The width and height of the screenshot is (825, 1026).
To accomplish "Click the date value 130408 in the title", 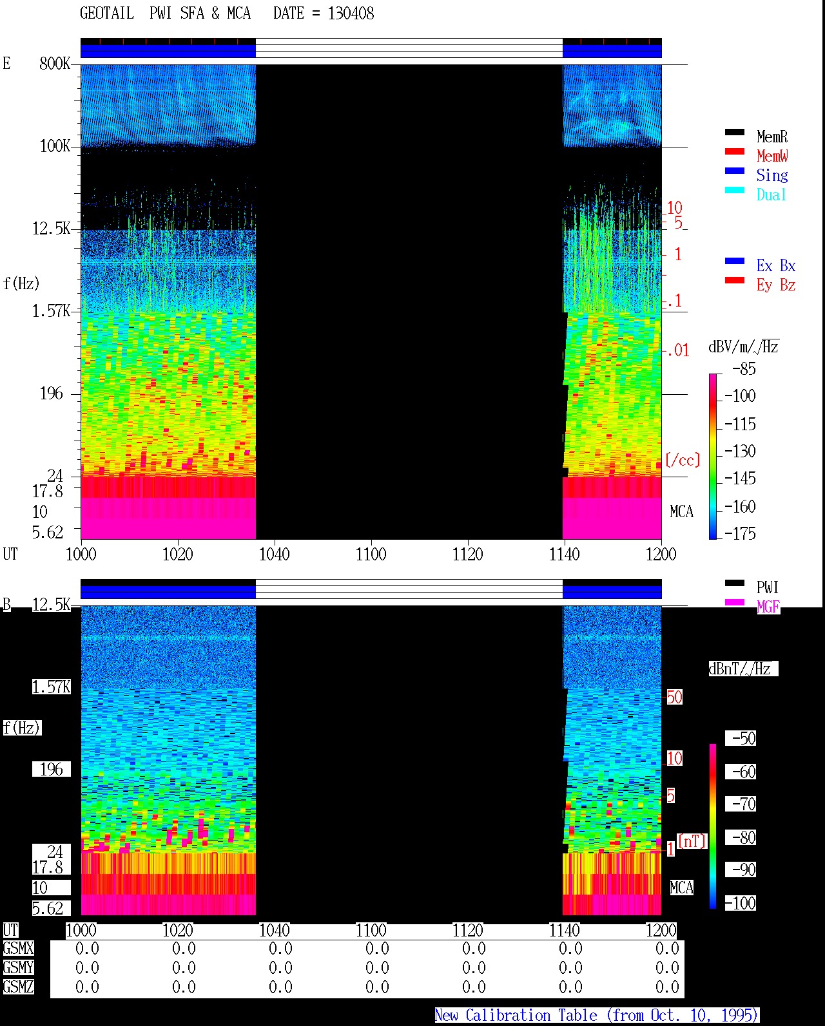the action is click(351, 14).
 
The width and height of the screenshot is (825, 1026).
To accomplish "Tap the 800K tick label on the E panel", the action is click(55, 63).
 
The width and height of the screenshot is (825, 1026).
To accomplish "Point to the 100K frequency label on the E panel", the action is click(55, 146).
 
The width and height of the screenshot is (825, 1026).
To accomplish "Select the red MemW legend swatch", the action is click(734, 151).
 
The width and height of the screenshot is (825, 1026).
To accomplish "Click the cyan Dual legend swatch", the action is click(734, 190).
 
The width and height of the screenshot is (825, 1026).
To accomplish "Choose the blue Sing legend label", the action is click(772, 175).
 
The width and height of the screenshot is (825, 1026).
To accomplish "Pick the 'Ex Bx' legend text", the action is click(775, 265).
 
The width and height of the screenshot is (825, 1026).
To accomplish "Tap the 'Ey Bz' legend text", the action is click(775, 285).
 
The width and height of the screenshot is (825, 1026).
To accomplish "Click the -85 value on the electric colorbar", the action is click(744, 368).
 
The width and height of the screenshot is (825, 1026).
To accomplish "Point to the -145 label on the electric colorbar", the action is click(740, 478).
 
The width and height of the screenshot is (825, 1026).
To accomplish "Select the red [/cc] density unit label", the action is click(683, 460).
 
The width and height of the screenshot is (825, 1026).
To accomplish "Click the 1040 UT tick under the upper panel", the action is click(275, 555).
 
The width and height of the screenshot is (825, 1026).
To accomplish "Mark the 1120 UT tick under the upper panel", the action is click(468, 555).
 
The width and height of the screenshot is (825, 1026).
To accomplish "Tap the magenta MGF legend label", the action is click(768, 607).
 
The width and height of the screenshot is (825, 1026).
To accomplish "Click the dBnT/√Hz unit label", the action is click(743, 669).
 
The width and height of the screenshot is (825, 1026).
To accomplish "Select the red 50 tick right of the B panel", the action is click(674, 697).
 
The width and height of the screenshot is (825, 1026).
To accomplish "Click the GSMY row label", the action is click(19, 967).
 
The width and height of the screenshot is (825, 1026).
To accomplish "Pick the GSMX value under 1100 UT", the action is click(377, 949).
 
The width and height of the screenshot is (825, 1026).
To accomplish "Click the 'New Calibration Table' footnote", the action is click(516, 1015).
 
